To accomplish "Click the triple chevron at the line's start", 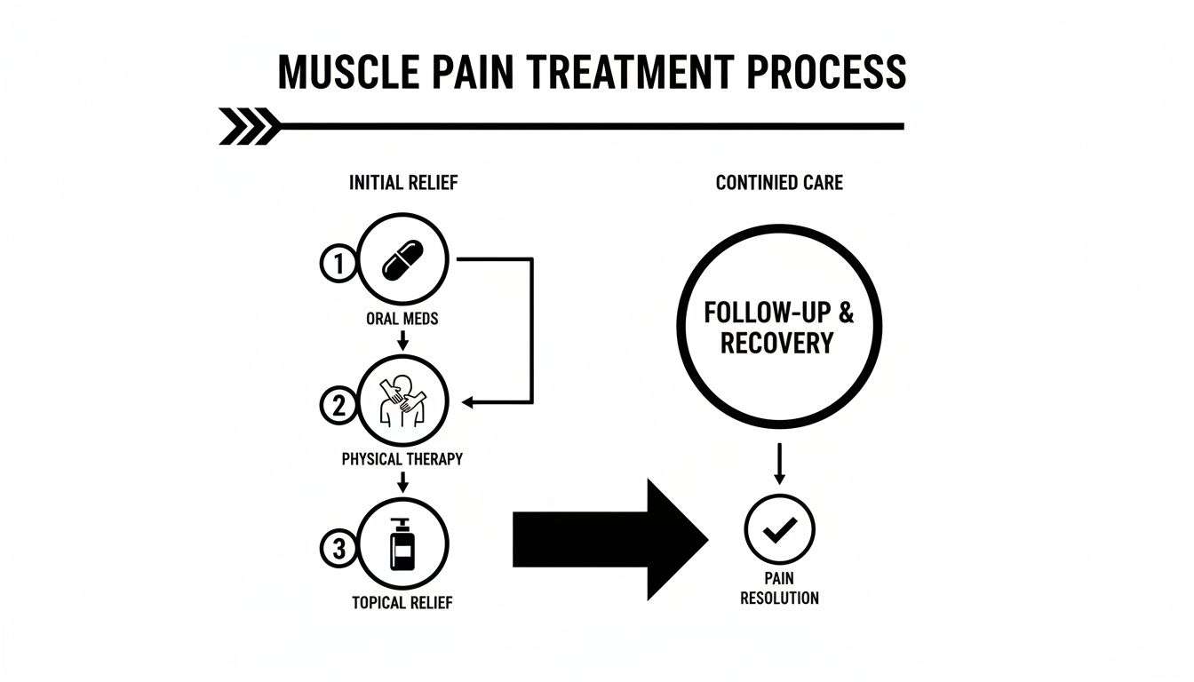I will point(248,126).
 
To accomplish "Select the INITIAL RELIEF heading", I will point(403,184).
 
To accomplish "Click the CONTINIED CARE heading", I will point(779,184).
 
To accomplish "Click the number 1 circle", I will point(338,264).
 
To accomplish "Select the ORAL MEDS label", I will point(402,319).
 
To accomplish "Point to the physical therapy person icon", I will point(402,403).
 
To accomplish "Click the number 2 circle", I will point(338,406).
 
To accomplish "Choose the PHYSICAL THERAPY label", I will point(402,460).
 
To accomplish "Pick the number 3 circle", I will point(338,549).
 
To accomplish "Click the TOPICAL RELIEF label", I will point(402,603).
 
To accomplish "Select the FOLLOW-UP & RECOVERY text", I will point(778,329).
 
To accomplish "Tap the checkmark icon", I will point(778,531).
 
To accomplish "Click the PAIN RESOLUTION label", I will point(778,589).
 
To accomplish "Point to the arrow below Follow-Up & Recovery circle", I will point(778,464).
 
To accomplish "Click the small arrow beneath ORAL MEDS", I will point(402,339).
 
